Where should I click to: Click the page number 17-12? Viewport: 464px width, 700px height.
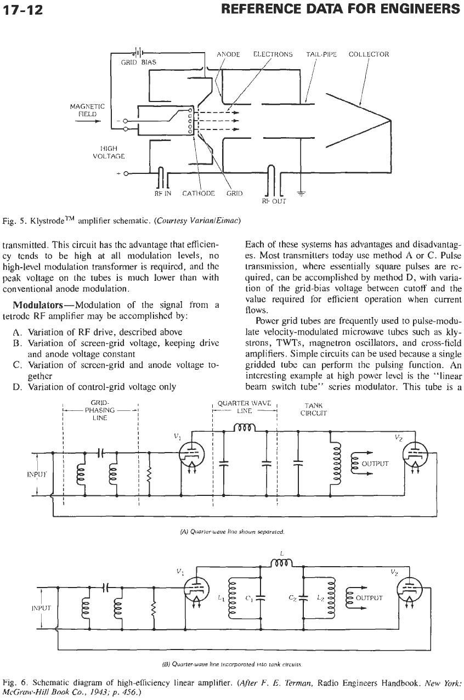coord(22,10)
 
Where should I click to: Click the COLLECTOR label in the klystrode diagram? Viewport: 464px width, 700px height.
coord(369,54)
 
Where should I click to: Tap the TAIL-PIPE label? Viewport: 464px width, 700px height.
coord(321,54)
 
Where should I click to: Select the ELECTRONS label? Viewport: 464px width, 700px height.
coord(273,54)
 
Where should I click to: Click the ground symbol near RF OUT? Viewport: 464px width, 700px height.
coord(301,194)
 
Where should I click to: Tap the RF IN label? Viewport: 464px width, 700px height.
coord(163,194)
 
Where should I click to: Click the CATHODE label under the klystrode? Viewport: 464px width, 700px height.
coord(199,194)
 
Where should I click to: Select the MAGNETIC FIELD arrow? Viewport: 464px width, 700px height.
coord(88,122)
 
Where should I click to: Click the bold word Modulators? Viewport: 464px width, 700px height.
coord(38,304)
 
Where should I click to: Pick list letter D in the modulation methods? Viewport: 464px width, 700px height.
coord(16,387)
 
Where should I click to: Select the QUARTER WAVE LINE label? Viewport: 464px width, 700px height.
coord(245,407)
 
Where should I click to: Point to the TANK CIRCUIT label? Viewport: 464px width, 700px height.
coord(313,409)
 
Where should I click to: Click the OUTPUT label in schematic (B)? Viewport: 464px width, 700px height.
coord(369,598)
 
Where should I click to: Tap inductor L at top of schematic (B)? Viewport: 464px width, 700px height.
coord(281,563)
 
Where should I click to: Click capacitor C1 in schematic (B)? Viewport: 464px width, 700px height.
coord(260,598)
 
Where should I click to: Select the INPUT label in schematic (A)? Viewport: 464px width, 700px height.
coord(37,474)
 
